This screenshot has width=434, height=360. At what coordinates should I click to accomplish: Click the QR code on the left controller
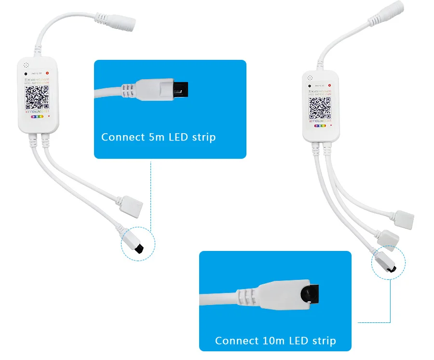click(x=37, y=97)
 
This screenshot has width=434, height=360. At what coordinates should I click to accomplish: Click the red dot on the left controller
click(x=47, y=73)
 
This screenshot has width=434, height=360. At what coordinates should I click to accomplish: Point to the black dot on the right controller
click(x=309, y=85)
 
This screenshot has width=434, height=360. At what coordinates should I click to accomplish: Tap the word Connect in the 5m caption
click(x=120, y=137)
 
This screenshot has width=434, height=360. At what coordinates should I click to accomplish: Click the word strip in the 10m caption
click(x=324, y=341)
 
